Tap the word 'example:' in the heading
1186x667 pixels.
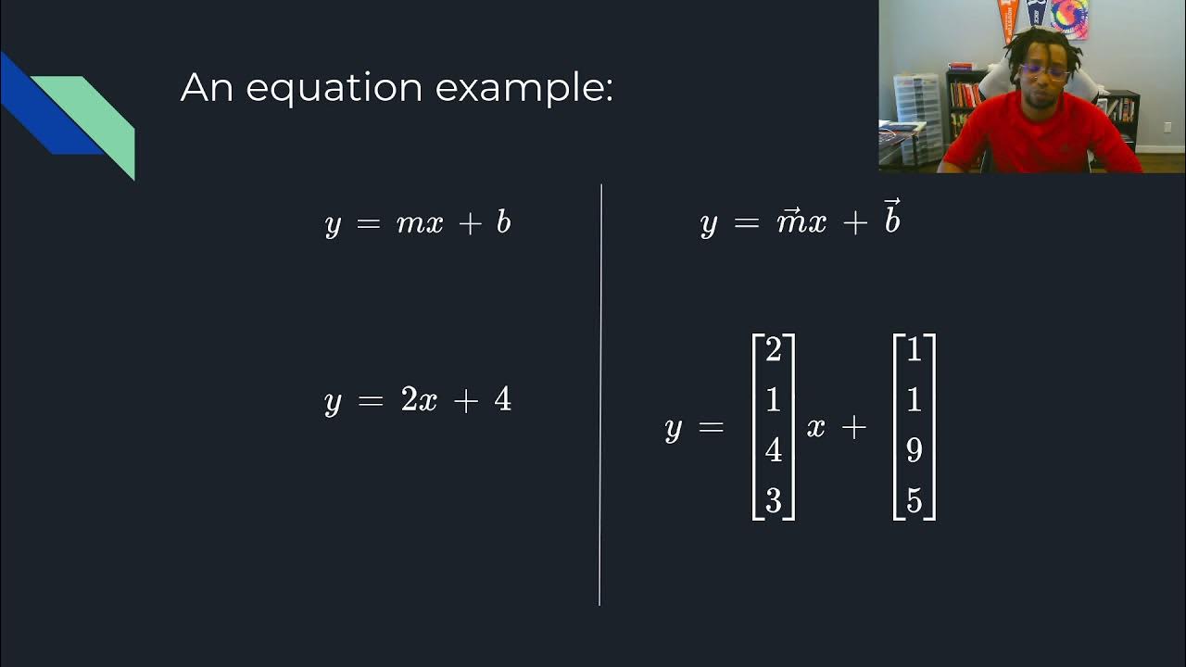(524, 89)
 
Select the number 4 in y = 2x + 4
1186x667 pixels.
(502, 399)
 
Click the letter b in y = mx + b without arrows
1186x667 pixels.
(503, 222)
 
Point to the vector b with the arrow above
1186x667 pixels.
(891, 219)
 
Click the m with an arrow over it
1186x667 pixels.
(789, 222)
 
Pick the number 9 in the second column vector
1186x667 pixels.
(915, 451)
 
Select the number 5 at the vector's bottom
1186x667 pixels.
(915, 501)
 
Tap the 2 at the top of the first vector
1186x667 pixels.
(774, 350)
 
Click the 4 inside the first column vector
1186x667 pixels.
(774, 451)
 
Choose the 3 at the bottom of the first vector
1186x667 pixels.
(774, 501)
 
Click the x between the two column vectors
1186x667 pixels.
(815, 427)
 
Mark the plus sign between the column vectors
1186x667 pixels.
(853, 427)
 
